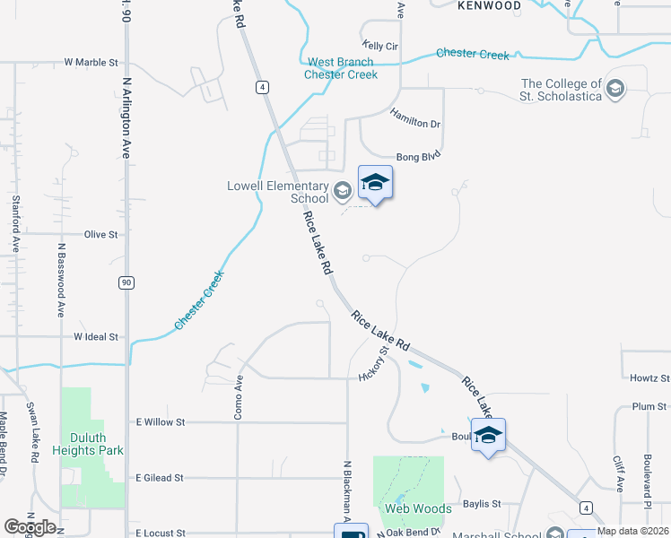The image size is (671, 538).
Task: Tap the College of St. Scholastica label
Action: pyautogui.click(x=562, y=90)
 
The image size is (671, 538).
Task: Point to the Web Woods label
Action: pyautogui.click(x=418, y=508)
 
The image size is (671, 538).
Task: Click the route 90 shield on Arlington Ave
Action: pyautogui.click(x=126, y=282)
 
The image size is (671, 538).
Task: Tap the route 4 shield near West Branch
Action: pyautogui.click(x=261, y=87)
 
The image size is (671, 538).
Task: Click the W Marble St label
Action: pyautogui.click(x=91, y=63)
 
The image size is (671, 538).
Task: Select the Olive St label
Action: pyautogui.click(x=100, y=234)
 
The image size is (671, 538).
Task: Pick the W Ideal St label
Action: pyautogui.click(x=96, y=337)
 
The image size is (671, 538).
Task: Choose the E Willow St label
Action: pyautogui.click(x=159, y=421)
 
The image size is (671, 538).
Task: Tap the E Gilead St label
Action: pyautogui.click(x=159, y=478)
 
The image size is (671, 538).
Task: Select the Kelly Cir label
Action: pyautogui.click(x=379, y=45)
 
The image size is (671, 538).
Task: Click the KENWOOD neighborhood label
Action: pyautogui.click(x=489, y=5)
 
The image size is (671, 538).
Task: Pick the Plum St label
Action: pyautogui.click(x=649, y=406)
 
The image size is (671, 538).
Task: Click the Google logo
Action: pyautogui.click(x=30, y=527)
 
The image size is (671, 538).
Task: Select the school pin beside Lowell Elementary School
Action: pyautogui.click(x=375, y=184)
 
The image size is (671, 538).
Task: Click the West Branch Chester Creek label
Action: pyautogui.click(x=341, y=68)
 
